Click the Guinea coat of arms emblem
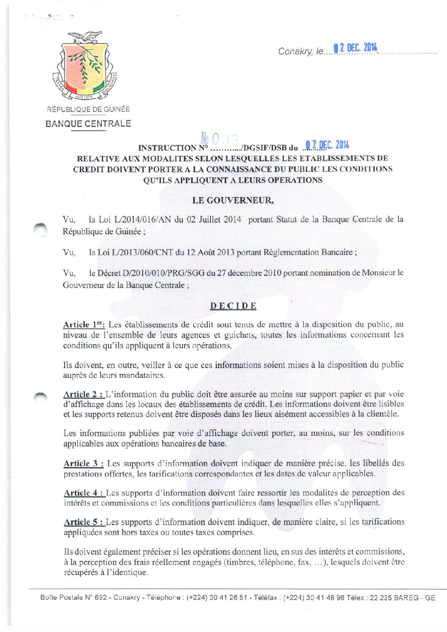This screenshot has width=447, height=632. (x=84, y=65)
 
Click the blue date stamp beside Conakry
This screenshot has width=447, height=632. (x=356, y=48)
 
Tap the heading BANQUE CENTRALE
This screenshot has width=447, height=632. (x=88, y=124)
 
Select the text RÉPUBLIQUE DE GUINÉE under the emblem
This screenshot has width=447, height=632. (x=88, y=109)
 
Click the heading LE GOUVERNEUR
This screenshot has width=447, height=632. (x=233, y=200)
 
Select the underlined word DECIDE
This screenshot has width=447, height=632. (x=233, y=306)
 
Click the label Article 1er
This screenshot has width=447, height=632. (x=84, y=325)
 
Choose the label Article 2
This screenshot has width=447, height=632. (x=83, y=394)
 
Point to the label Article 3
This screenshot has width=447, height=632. (x=83, y=464)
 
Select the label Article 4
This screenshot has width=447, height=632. (x=84, y=493)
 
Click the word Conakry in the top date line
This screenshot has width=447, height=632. (x=295, y=52)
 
